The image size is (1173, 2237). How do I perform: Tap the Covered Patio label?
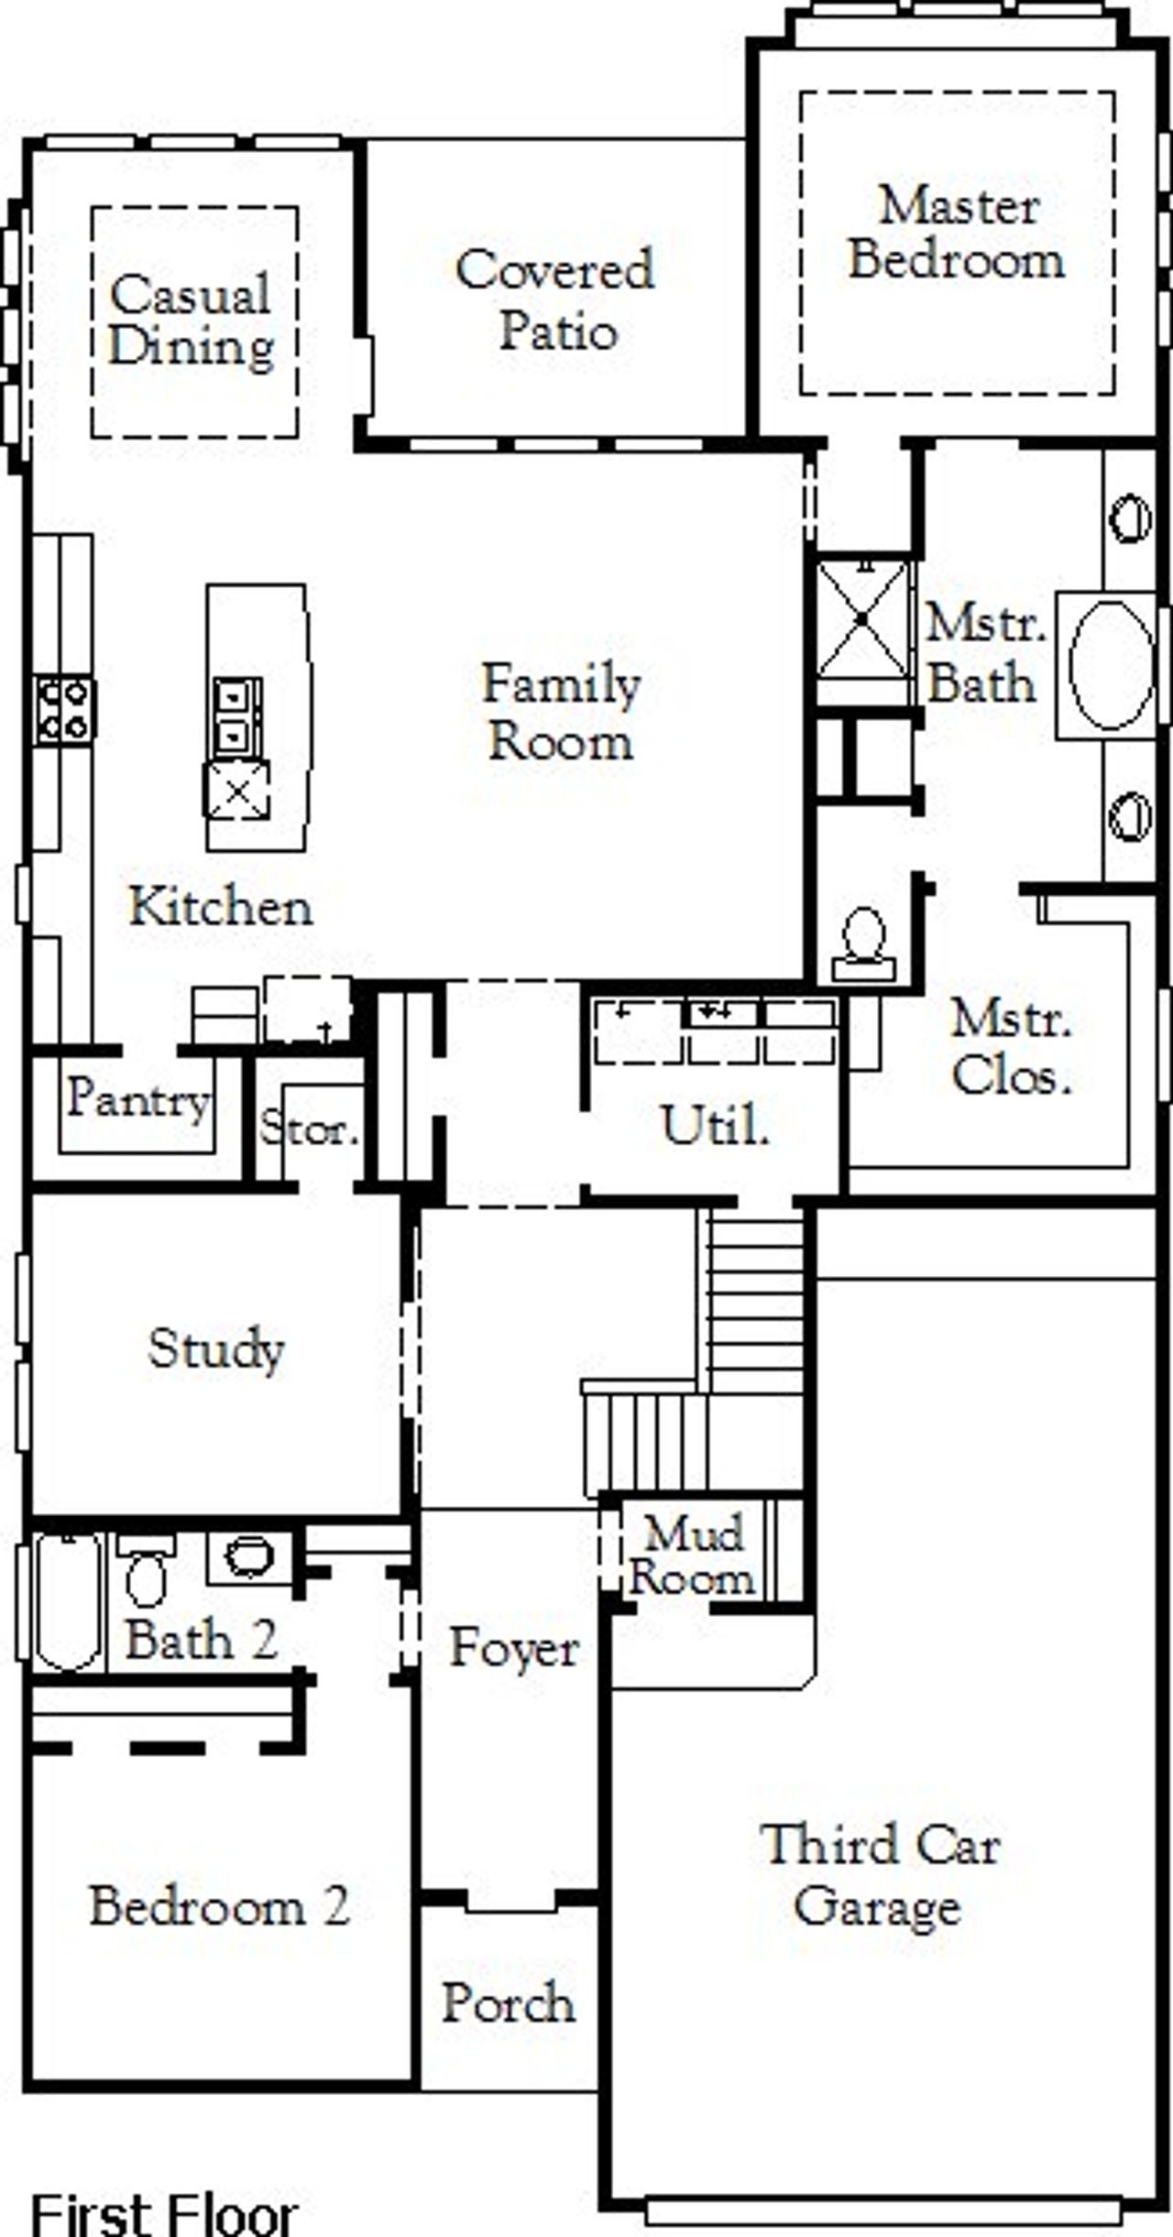coord(555,300)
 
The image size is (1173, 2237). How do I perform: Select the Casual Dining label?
coord(191,321)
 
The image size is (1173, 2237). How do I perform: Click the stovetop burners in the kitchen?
coord(64,710)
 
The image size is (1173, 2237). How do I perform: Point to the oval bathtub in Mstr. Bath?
coord(1111,665)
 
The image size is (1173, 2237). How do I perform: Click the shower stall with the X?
coord(862,620)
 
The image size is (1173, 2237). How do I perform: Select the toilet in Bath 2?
coord(147,1570)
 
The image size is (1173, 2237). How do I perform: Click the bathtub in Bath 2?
coord(67,1601)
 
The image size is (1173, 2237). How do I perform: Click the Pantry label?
coord(137,1098)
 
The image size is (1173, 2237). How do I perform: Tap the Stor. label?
coord(309,1128)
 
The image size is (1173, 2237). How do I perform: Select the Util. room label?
coord(714,1126)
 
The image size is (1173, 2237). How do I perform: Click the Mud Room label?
coord(693,1555)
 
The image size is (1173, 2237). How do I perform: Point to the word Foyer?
coord(513,1649)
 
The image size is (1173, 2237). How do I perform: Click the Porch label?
coord(509,2002)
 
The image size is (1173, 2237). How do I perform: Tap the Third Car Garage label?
coord(880,1876)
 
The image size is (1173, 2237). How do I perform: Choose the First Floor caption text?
coord(165,2213)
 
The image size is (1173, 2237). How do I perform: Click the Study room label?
coord(216,1348)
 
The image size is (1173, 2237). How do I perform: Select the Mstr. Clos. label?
coord(1011,1048)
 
